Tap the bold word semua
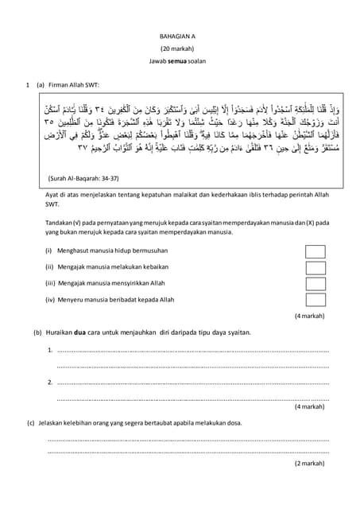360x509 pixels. (182, 61)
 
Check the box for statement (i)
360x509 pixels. (315, 252)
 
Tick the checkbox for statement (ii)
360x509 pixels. (315, 267)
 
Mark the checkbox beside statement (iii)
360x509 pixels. (315, 282)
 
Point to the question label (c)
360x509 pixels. (31, 422)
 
